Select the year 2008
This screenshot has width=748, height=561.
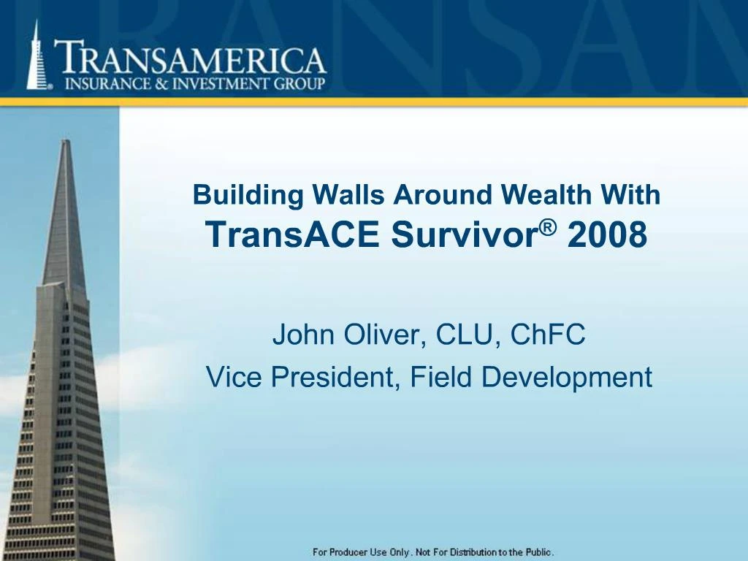pos(607,234)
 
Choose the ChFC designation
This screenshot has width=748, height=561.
pos(548,335)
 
